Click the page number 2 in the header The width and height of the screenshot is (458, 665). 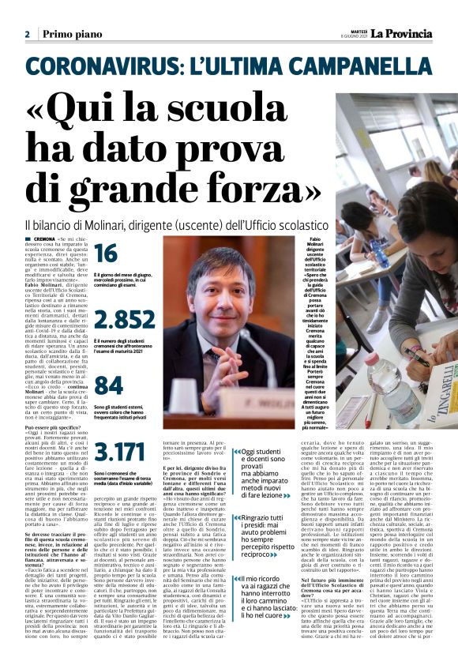point(28,35)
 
